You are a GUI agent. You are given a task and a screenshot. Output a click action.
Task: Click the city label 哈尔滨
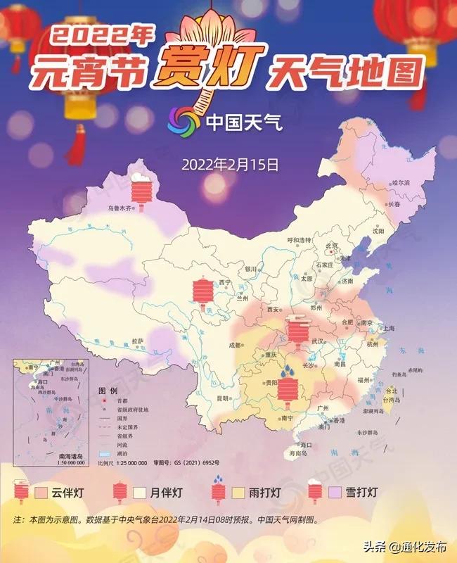coord(401,183)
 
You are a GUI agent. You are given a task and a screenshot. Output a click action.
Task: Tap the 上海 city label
coord(385,329)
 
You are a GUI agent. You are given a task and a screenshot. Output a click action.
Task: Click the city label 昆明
coord(223,398)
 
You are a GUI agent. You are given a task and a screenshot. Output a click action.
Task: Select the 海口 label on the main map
coord(305,445)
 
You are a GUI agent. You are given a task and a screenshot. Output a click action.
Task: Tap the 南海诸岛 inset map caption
coord(53,457)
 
